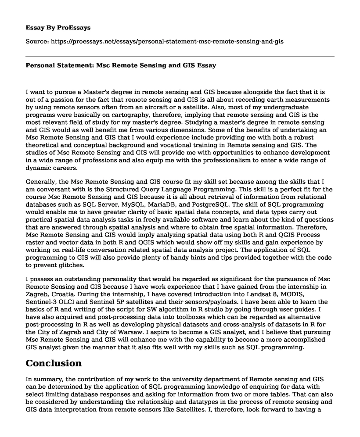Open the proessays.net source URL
tap(167, 41)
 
